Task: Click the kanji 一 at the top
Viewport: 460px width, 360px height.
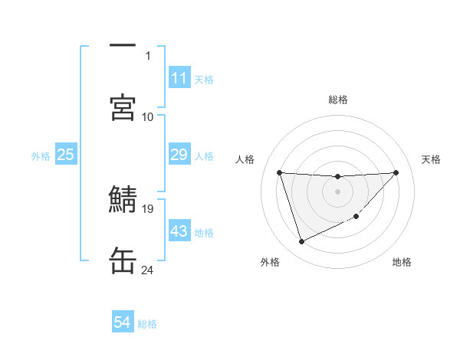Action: pyautogui.click(x=123, y=47)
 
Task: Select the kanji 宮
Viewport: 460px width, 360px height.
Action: pyautogui.click(x=123, y=106)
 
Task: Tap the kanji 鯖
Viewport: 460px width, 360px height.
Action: pyautogui.click(x=123, y=201)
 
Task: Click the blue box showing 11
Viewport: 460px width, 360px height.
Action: pyautogui.click(x=179, y=78)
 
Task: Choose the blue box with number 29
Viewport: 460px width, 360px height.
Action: pyautogui.click(x=179, y=155)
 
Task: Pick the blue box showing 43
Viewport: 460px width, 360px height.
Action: pyautogui.click(x=179, y=231)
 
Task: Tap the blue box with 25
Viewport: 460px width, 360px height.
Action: pyautogui.click(x=66, y=155)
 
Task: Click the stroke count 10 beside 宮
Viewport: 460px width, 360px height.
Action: pyautogui.click(x=148, y=116)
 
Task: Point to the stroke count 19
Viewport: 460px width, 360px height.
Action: pyautogui.click(x=148, y=208)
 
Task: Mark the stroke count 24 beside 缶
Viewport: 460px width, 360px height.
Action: pyautogui.click(x=148, y=270)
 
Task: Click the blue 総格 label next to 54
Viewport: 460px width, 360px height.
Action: pyautogui.click(x=147, y=324)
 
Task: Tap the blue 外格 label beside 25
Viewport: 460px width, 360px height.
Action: pyautogui.click(x=41, y=155)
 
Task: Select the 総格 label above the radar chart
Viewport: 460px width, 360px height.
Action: pyautogui.click(x=338, y=100)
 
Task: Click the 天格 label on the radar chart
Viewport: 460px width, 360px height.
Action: pyautogui.click(x=432, y=159)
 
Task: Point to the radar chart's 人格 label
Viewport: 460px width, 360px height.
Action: pyautogui.click(x=245, y=159)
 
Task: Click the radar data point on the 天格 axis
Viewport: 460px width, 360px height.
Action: pyautogui.click(x=396, y=172)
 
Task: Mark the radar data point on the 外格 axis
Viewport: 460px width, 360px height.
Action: pyautogui.click(x=301, y=242)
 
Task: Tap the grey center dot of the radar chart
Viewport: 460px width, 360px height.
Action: pyautogui.click(x=338, y=191)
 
